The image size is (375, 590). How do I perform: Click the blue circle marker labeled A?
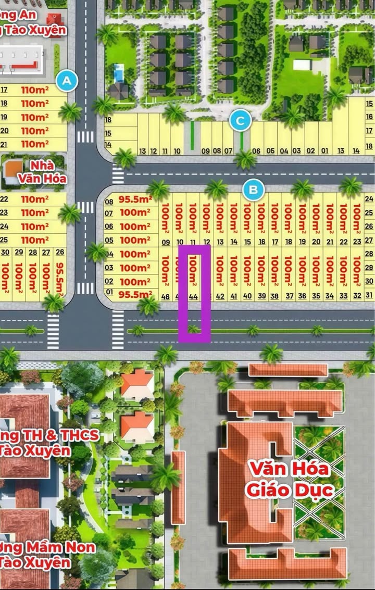tap(66, 81)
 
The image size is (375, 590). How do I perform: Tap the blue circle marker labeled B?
tap(253, 190)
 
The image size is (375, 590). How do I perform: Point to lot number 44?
tap(193, 296)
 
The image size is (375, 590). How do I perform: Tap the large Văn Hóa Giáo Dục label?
tap(289, 479)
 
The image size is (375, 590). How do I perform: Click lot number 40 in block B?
tap(247, 296)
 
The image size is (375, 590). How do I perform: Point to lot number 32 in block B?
tap(357, 296)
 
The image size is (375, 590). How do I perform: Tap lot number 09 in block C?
tap(205, 151)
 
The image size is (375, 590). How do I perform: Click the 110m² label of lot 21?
tap(35, 144)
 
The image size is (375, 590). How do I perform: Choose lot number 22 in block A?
tap(5, 199)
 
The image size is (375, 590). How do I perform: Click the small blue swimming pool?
tap(119, 73)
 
